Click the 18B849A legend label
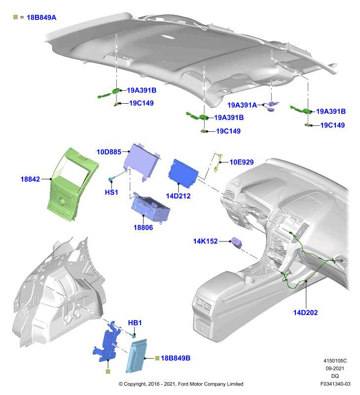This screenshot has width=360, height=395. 41,17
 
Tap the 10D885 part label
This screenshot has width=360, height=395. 109,152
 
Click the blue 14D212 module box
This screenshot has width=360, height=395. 183,173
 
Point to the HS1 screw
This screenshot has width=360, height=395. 111,179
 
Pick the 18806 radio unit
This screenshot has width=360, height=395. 150,207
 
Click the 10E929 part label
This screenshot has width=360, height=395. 242,162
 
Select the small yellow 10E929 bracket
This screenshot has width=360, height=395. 218,163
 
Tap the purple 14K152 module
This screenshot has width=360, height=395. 237,242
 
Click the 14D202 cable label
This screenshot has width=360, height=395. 305,313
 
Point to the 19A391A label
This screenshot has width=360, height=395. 242,105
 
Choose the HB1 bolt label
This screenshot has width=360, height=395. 135,323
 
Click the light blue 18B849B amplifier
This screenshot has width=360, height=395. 137,355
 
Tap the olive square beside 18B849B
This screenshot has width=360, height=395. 157,358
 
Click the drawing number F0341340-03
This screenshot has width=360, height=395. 335,384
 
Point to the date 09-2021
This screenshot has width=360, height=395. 335,368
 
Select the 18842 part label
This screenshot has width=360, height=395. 30,179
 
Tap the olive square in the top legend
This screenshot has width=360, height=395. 16,17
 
